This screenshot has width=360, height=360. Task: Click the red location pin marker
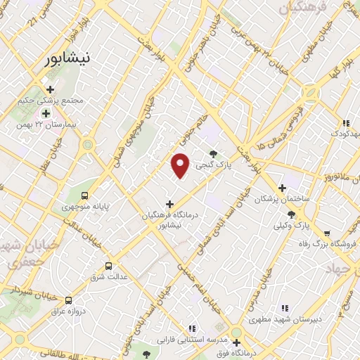click(x=181, y=165)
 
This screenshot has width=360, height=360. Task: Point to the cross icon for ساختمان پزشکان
click(x=282, y=188)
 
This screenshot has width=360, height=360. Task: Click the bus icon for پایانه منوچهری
click(x=85, y=196)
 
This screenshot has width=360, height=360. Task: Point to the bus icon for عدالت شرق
click(x=108, y=266)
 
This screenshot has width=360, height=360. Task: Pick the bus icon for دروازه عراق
click(x=68, y=300)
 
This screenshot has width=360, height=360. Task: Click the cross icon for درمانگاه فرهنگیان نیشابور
click(x=169, y=204)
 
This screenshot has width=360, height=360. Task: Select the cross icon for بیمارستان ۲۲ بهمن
click(x=46, y=113)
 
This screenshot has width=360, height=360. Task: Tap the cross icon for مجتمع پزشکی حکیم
click(x=50, y=89)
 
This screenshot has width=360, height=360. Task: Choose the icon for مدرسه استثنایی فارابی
click(x=192, y=328)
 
